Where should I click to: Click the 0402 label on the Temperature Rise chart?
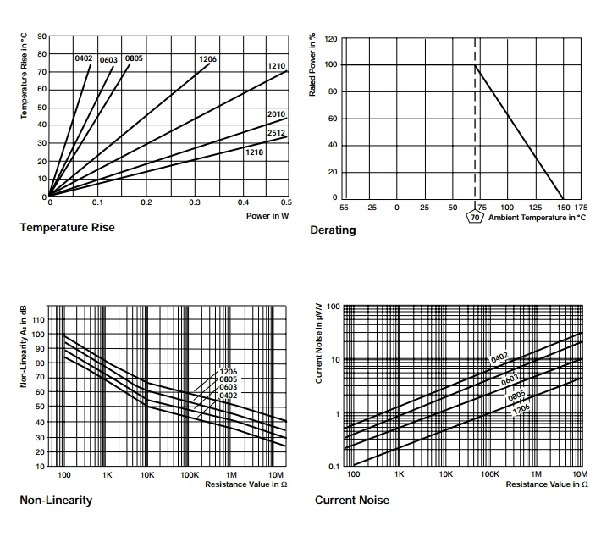pyautogui.click(x=83, y=58)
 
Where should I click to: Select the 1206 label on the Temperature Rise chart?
pyautogui.click(x=207, y=58)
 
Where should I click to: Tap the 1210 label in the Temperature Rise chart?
pyautogui.click(x=276, y=65)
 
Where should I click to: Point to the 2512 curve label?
pyautogui.click(x=276, y=132)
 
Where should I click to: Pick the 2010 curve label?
pyautogui.click(x=276, y=113)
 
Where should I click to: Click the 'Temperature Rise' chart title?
pyautogui.click(x=67, y=227)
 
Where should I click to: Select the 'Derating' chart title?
pyautogui.click(x=333, y=230)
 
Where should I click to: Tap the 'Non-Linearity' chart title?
pyautogui.click(x=56, y=500)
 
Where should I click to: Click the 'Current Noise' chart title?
pyautogui.click(x=352, y=500)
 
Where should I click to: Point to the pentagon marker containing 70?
pyautogui.click(x=475, y=218)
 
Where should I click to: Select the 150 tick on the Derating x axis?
pyautogui.click(x=562, y=207)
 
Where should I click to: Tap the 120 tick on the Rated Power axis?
pyautogui.click(x=331, y=39)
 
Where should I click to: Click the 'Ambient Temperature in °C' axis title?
pyautogui.click(x=537, y=218)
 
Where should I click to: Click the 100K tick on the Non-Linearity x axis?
pyautogui.click(x=190, y=475)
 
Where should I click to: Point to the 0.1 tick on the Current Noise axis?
pyautogui.click(x=334, y=467)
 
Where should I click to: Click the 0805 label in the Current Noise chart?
pyautogui.click(x=516, y=394)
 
